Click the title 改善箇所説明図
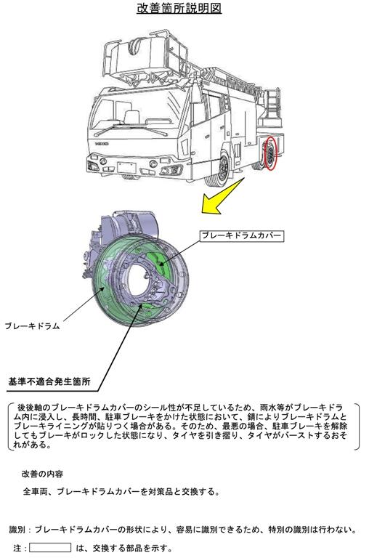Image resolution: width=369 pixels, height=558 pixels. point(179,8)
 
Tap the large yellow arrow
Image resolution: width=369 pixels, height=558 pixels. point(222,196)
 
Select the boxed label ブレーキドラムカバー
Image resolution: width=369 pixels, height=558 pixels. point(241,235)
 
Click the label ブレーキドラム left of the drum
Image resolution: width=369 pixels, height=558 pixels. point(33,325)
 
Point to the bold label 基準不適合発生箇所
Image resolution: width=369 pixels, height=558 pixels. point(49,381)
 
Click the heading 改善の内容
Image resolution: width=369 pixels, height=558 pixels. point(42,474)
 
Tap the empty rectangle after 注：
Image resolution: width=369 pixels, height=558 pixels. point(50,548)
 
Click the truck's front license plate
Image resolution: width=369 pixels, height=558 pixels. point(126,167)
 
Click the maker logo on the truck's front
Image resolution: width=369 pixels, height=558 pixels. point(102,142)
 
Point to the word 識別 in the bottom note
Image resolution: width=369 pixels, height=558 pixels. point(17,530)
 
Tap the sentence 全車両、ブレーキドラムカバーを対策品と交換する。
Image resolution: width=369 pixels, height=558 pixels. point(121,492)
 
